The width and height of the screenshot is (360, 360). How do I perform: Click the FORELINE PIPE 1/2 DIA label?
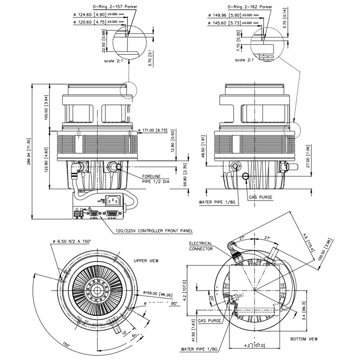[x=159, y=178]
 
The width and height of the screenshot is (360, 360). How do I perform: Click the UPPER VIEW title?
[x=146, y=261]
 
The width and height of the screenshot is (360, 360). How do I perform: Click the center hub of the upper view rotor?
[x=97, y=290]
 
